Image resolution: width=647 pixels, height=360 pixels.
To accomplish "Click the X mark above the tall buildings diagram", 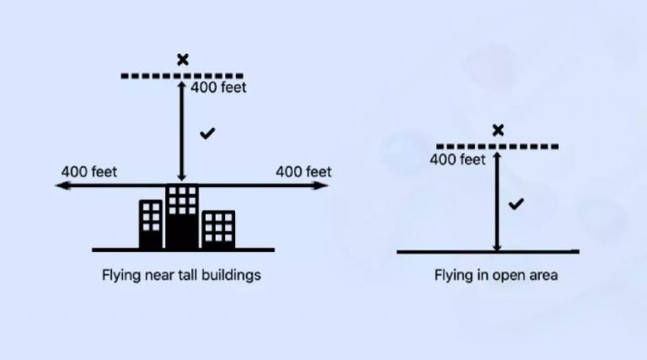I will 182,59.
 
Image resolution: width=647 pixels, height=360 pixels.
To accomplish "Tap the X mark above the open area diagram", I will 498,130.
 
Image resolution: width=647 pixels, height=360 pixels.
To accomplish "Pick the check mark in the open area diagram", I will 516,204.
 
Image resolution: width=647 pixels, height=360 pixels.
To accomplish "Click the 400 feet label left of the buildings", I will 88,172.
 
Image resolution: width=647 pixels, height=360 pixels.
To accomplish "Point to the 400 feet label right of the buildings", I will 303,172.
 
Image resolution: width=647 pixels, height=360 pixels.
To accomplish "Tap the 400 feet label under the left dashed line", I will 219,87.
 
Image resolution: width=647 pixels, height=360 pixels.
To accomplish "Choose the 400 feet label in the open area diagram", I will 457,159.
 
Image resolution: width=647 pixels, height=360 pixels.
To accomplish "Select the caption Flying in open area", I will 495,275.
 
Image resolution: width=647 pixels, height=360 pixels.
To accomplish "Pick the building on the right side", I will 218,229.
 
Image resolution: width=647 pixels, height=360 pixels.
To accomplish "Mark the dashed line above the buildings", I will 152,76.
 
